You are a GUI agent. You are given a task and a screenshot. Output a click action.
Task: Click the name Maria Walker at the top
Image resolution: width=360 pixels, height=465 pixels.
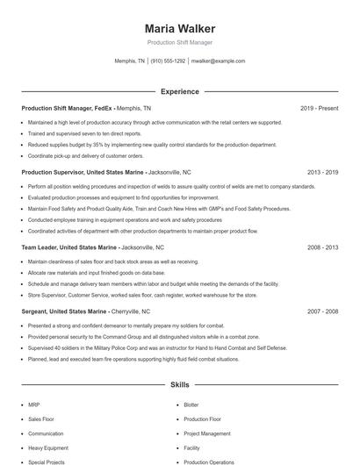[x=179, y=29]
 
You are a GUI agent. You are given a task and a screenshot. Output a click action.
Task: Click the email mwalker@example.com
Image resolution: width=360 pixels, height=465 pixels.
[x=218, y=61]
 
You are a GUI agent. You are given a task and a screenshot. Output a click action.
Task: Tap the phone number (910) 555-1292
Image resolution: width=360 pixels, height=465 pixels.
[x=168, y=61]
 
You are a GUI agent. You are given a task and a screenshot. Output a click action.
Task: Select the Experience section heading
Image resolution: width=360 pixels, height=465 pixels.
[x=179, y=91]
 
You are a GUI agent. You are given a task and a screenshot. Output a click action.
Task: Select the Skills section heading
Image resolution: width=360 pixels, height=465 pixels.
[x=179, y=384]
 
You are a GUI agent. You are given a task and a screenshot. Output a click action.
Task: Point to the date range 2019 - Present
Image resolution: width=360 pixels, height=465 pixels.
[x=319, y=109]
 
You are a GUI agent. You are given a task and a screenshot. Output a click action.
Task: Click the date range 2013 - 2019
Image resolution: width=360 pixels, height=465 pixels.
[x=322, y=173]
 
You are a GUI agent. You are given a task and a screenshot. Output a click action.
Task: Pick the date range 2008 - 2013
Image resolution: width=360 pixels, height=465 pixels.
[x=322, y=247]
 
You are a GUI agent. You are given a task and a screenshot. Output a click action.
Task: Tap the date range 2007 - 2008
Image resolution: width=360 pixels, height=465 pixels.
[x=322, y=311]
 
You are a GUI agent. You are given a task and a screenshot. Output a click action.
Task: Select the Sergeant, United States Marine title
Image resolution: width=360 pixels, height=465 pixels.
[x=64, y=311]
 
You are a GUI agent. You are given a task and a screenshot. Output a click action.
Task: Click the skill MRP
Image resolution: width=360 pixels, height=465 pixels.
[x=34, y=404]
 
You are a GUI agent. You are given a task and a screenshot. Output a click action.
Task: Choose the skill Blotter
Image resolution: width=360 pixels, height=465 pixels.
[x=191, y=404]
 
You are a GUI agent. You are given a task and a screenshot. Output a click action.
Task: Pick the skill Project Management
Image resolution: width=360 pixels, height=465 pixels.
[x=207, y=433]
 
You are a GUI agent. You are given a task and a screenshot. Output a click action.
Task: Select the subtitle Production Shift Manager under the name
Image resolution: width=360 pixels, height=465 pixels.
[x=179, y=42]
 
